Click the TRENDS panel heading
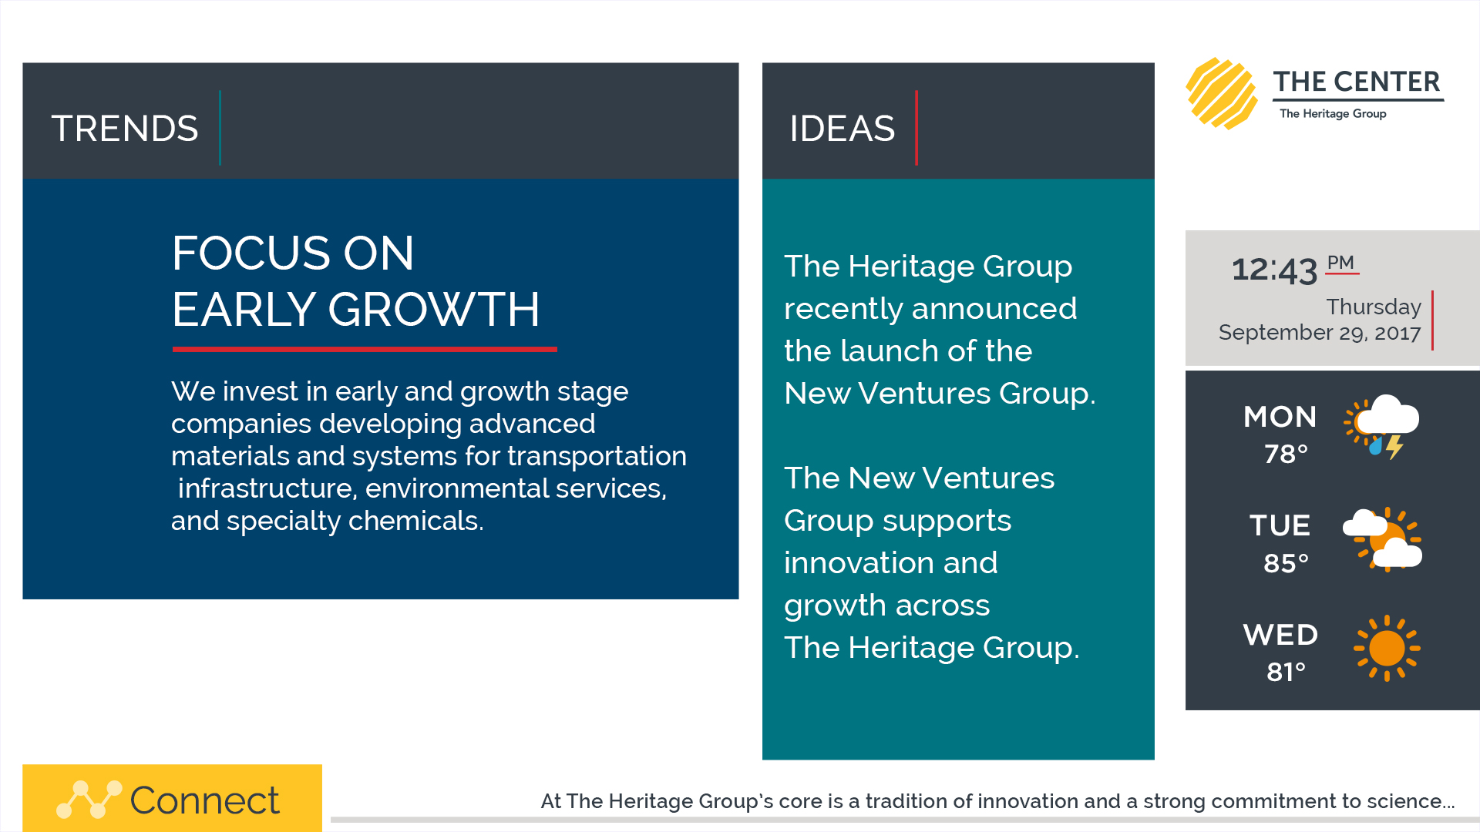coord(125,129)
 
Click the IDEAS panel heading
coord(842,129)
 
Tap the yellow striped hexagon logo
coord(1222,93)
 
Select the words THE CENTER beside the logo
coord(1357,82)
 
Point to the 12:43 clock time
coord(1274,270)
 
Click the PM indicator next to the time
coord(1340,263)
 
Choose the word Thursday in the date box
coord(1374,307)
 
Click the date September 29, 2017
coord(1320,333)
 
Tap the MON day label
coord(1280,417)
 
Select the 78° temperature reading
coord(1286,454)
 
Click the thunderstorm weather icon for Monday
coord(1382,427)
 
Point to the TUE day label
coord(1280,525)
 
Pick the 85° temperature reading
coord(1286,563)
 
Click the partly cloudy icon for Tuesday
coord(1383,538)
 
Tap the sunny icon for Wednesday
coord(1387,649)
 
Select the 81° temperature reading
coord(1286,672)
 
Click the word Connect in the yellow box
coord(204,800)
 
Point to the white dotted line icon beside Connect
coord(89,800)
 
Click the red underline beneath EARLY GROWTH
coord(365,349)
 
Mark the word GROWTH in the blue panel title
coord(434,310)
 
